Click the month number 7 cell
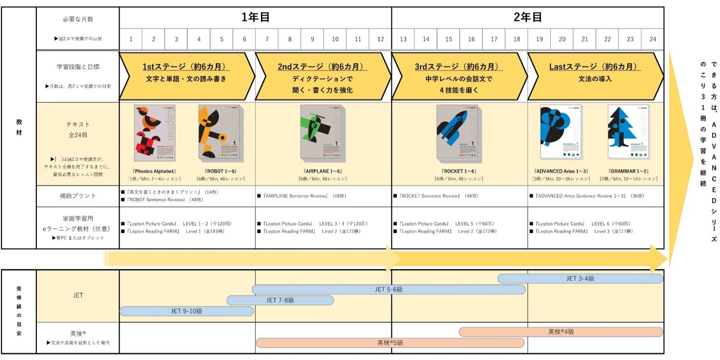[x=267, y=39]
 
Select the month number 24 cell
[x=653, y=39]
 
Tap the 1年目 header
[x=255, y=18]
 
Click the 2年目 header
[x=528, y=18]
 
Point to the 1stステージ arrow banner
[x=186, y=76]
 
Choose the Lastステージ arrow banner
[x=595, y=76]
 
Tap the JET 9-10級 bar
[x=186, y=311]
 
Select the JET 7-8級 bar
[x=280, y=300]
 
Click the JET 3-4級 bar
[x=580, y=279]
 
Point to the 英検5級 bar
[x=390, y=343]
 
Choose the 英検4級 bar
[x=561, y=332]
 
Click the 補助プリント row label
[x=77, y=196]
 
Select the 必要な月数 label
[x=78, y=19]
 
